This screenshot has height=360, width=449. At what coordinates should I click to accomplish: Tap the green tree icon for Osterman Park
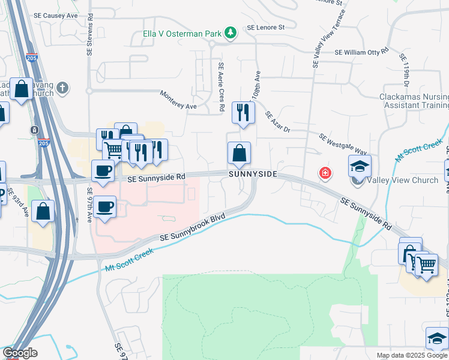pos(229,32)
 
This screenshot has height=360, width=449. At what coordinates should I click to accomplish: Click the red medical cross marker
pos(325,173)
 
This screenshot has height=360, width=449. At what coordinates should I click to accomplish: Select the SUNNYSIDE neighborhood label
pos(253,174)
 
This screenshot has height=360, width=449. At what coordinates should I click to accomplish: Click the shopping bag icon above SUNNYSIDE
pos(239,153)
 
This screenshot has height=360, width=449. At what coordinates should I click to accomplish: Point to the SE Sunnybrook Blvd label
pos(192,230)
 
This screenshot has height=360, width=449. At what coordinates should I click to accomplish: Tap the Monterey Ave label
pos(178,100)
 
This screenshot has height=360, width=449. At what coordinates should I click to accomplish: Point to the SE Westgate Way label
pos(343,145)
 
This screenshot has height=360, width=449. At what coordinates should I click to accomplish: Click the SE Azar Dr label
pos(277,122)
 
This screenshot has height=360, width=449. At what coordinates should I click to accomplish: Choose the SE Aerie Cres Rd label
pos(221,87)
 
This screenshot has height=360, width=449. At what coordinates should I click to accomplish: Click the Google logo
pos(19,353)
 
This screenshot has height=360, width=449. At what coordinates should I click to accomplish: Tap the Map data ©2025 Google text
pos(411,355)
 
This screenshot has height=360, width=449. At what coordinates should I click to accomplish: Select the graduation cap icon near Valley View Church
pos(360,166)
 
